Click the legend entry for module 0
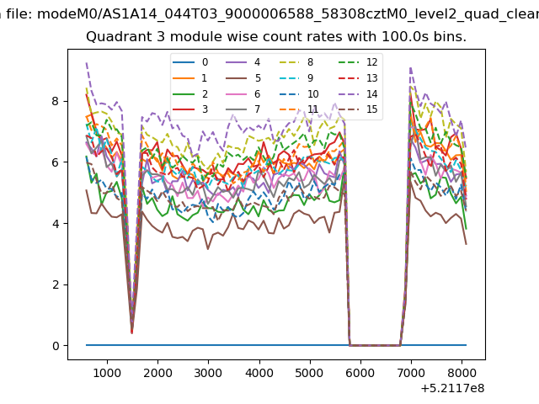pos(190,62)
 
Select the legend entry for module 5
pos(243,78)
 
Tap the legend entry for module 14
pos(358,93)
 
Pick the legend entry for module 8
pos(296,62)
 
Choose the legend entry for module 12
pos(358,62)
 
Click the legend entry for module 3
pos(190,109)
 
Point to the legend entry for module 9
pos(296,78)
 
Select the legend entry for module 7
pos(243,109)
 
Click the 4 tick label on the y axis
pos(56,223)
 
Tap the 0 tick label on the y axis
pos(56,346)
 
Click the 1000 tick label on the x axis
pos(107,373)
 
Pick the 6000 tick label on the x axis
pos(360,373)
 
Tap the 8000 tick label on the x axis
pos(462,373)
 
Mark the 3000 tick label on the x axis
pos(208,373)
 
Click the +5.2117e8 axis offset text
pos(452,388)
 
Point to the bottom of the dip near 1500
pos(131,332)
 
